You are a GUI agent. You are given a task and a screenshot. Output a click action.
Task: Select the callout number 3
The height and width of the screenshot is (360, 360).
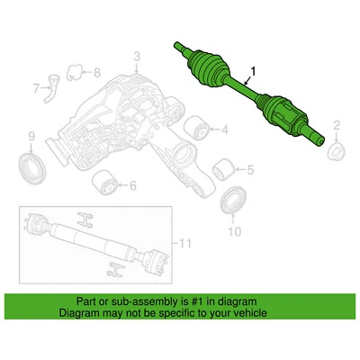pyautogui.click(x=137, y=60)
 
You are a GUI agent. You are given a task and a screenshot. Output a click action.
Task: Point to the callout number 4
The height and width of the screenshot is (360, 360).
pyautogui.click(x=225, y=130)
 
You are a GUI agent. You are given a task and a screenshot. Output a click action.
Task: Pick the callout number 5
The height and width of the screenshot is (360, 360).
pyautogui.click(x=250, y=168)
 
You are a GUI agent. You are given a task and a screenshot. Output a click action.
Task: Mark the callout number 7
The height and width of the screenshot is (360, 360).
pyautogui.click(x=37, y=88)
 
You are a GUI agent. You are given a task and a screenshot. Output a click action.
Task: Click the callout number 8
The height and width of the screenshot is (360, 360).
pyautogui.click(x=98, y=71)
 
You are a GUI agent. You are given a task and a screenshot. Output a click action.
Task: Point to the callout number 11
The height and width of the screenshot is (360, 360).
pyautogui.click(x=186, y=244)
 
